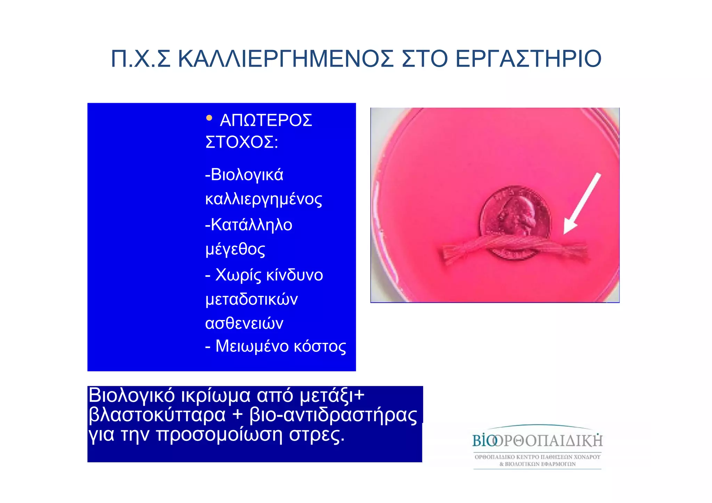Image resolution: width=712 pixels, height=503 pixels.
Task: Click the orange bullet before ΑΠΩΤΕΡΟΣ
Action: tap(209, 118)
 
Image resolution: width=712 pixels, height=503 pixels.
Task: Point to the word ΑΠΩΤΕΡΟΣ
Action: tap(266, 121)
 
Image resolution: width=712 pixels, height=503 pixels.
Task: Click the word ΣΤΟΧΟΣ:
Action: tap(242, 142)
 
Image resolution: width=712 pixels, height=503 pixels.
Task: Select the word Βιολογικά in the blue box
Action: tap(247, 175)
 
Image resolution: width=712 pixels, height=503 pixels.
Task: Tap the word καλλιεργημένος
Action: tap(264, 199)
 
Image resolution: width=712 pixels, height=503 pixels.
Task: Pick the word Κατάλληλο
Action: tap(251, 225)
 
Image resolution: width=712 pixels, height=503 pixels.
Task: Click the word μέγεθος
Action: tap(235, 249)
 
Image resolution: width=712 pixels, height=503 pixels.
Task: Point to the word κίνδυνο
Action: tap(294, 275)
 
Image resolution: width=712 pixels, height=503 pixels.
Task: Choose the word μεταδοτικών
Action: tap(251, 299)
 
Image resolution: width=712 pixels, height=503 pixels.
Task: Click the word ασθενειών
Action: tap(244, 323)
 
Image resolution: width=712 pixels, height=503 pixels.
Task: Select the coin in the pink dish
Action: tap(515, 215)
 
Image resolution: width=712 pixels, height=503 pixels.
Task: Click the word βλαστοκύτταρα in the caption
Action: tap(157, 415)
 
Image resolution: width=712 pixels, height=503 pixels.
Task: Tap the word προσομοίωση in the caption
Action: tap(219, 434)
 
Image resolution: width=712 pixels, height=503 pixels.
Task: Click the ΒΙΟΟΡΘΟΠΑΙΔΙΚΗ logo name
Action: tap(537, 441)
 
